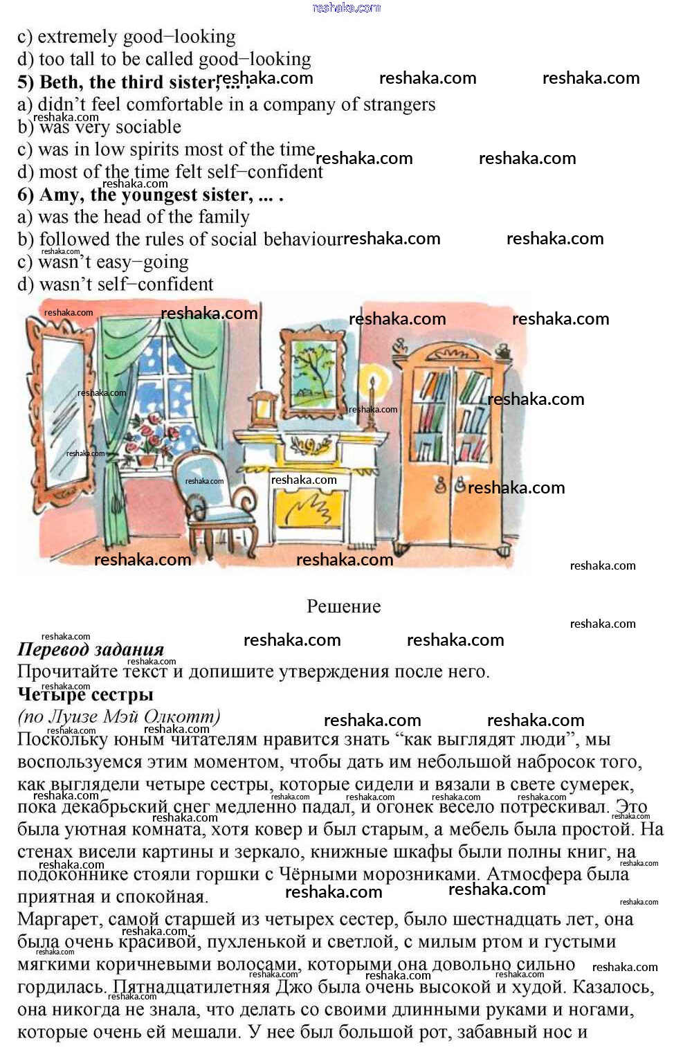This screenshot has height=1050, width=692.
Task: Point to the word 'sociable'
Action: [x=148, y=127]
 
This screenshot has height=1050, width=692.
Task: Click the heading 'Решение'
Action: [x=344, y=607]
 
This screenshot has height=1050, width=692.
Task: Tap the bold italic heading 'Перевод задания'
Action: [x=91, y=650]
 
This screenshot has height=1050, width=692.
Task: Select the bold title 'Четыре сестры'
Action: [x=85, y=694]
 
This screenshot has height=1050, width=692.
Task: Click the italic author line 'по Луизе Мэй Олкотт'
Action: [x=119, y=716]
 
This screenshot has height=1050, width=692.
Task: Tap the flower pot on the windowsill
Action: [x=147, y=459]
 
